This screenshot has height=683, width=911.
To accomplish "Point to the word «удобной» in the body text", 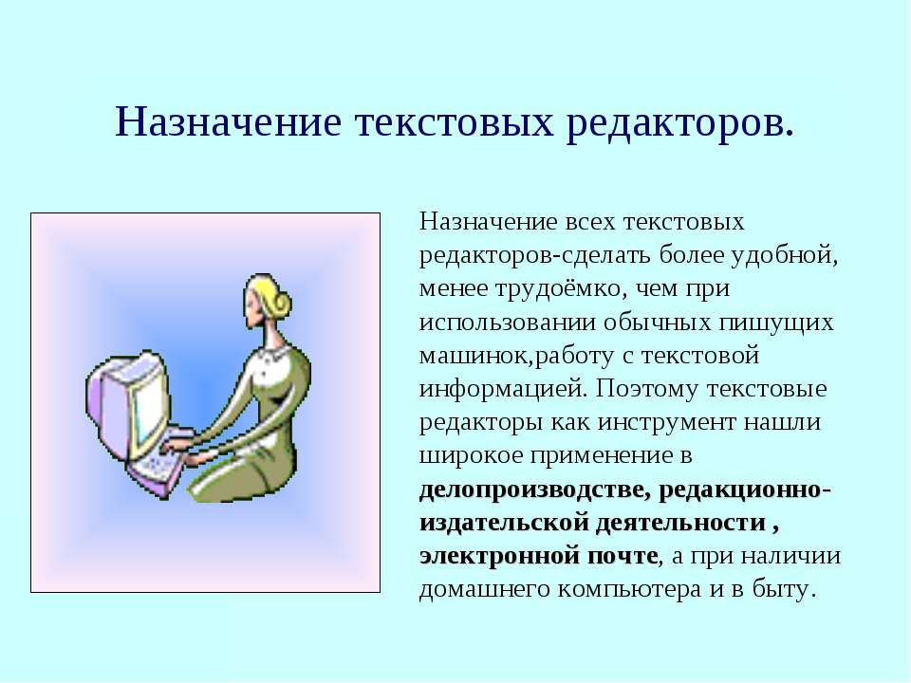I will [785, 255].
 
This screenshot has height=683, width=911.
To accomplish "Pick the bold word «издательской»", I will [504, 524].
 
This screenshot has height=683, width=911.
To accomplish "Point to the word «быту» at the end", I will [790, 589].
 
